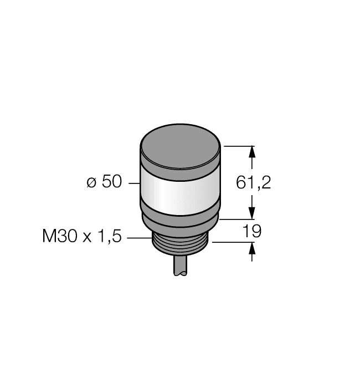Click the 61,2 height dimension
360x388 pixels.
[253, 182]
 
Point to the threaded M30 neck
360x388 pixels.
[181, 243]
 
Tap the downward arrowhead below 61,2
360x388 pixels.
[253, 213]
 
